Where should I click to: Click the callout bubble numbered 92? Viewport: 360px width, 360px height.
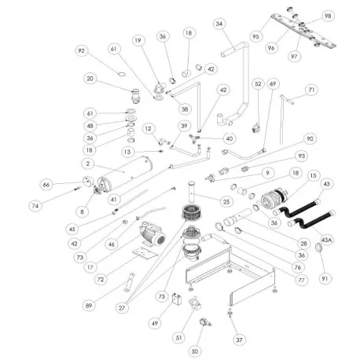coord(80,52)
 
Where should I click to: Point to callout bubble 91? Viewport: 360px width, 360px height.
coord(323,278)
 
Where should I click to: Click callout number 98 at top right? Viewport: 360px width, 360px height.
coord(328,16)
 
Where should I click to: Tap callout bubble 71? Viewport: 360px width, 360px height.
coord(313,90)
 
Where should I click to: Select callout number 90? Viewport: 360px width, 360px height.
coord(310,139)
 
